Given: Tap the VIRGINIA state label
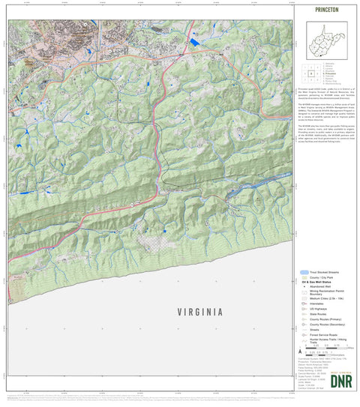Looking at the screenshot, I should tap(200, 310).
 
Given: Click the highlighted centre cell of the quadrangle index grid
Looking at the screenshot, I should tap(309, 73).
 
